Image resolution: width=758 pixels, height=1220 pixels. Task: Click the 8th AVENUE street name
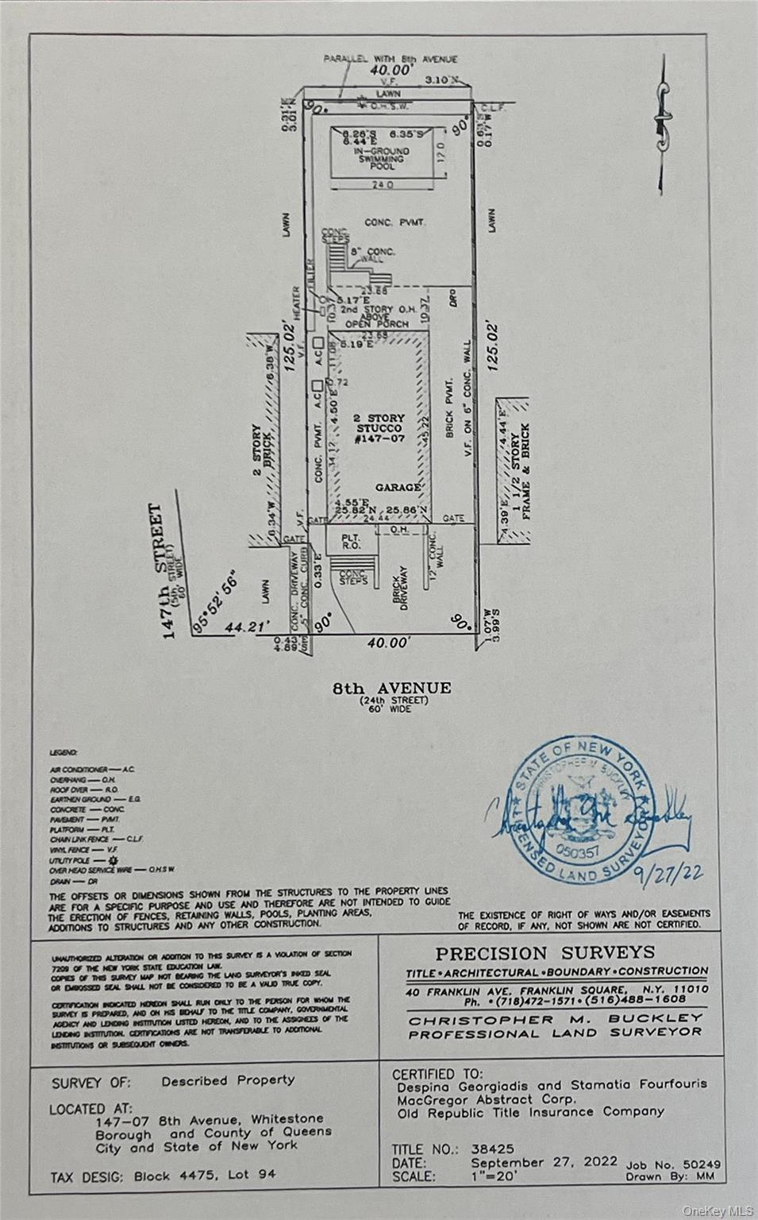pyautogui.click(x=391, y=689)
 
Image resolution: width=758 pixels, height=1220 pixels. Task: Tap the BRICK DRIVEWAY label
pyautogui.click(x=402, y=588)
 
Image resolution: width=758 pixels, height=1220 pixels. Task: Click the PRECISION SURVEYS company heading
pyautogui.click(x=544, y=953)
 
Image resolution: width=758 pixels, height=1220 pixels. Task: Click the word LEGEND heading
pyautogui.click(x=63, y=751)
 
